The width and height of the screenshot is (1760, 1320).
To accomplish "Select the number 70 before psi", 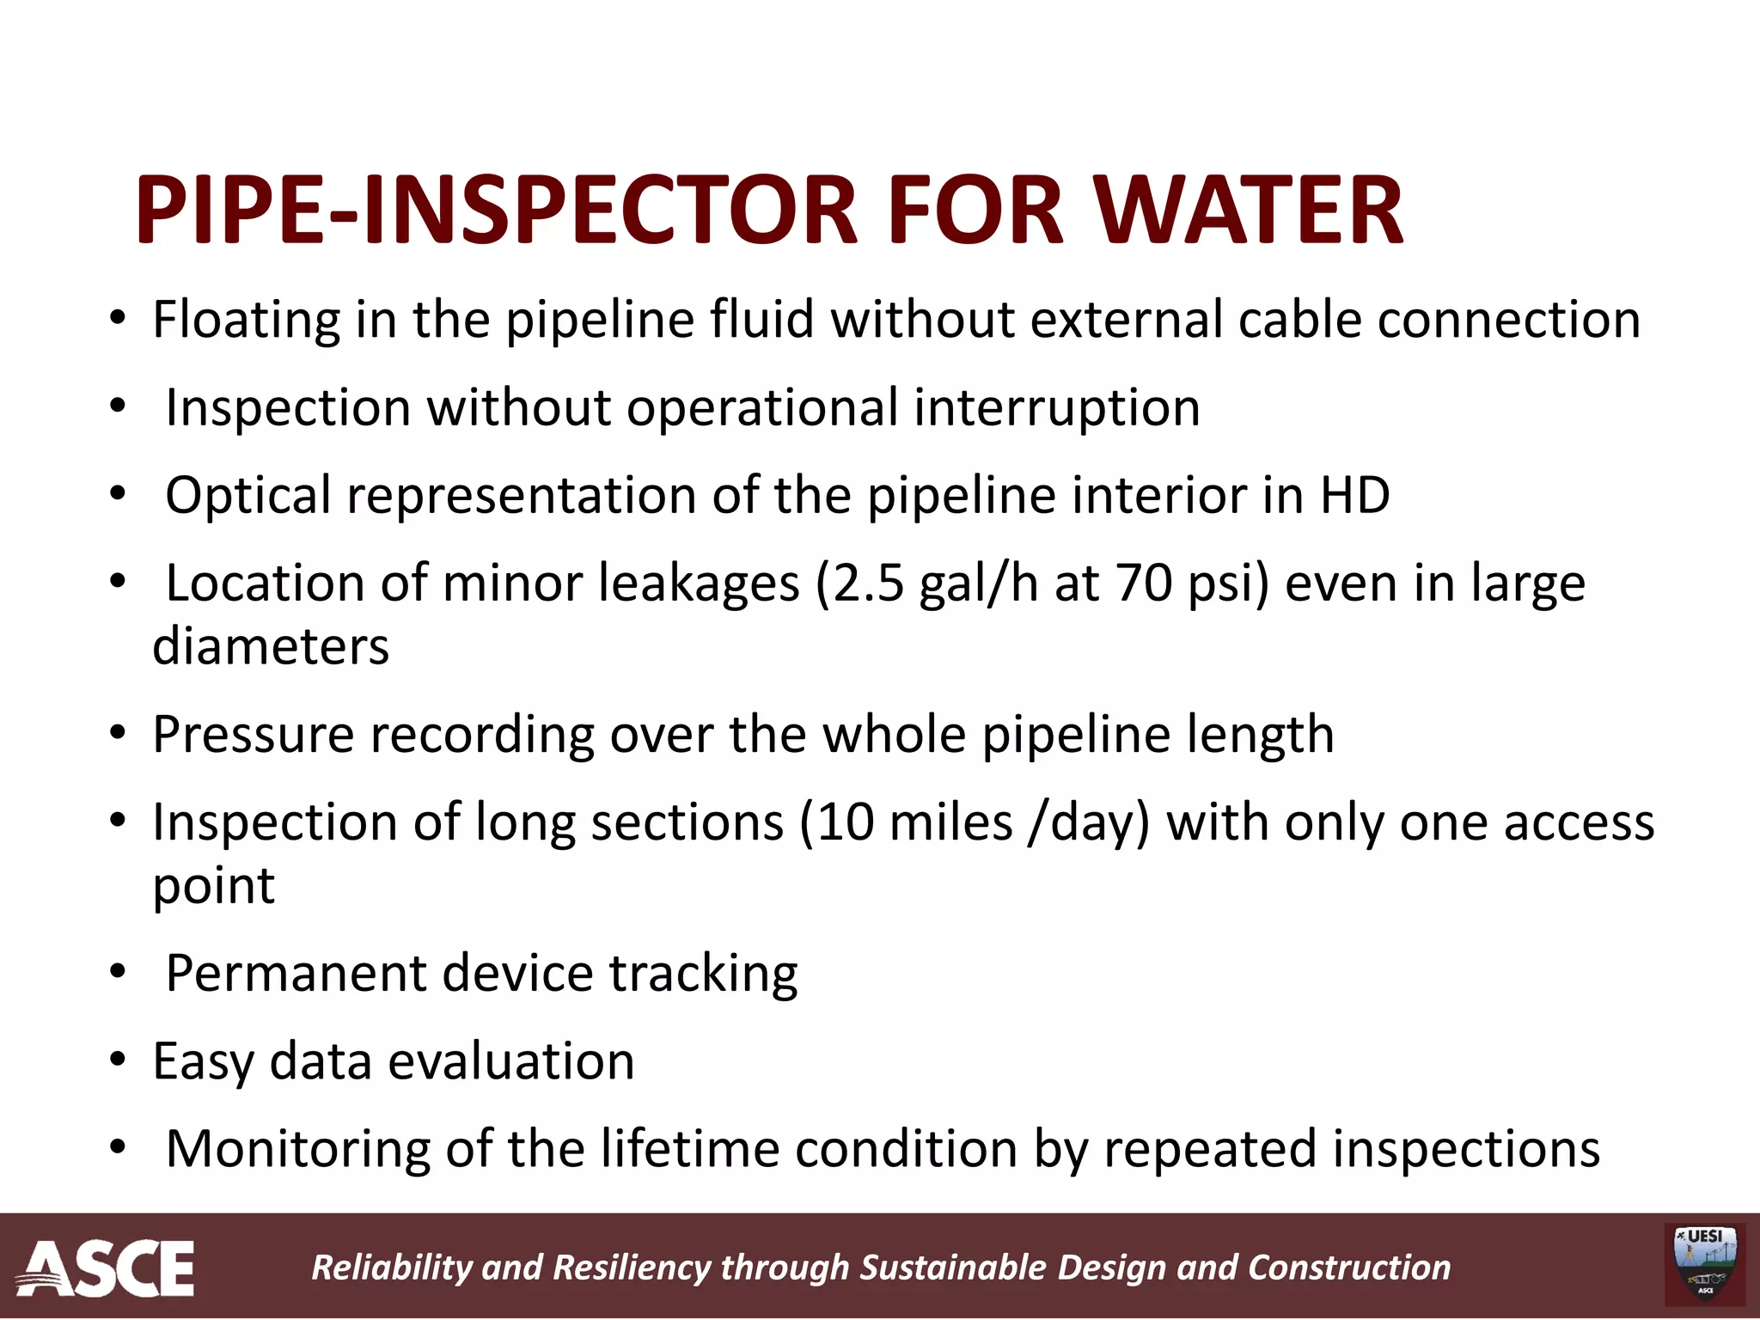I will pos(1145,584).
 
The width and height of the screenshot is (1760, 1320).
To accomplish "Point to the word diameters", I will pos(271,646).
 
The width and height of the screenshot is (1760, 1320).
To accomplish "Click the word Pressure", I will pos(254,736).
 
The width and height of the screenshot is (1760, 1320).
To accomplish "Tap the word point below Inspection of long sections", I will pos(213,887).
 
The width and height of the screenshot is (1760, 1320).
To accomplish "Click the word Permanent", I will pos(296,974).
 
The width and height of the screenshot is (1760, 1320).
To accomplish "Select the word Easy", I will pos(203,1062).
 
